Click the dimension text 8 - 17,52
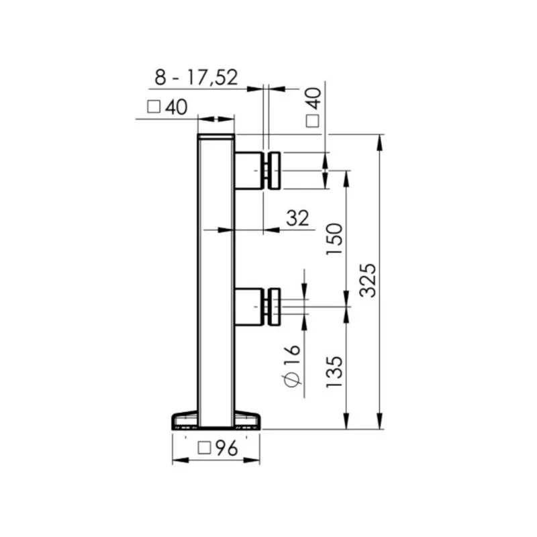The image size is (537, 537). [196, 77]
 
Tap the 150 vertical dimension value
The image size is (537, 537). [336, 238]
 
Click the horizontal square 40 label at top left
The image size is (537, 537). [166, 107]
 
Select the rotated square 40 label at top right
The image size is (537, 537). [313, 105]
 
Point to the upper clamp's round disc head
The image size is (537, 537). [274, 170]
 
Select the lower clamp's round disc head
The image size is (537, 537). [274, 306]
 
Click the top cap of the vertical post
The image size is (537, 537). [216, 136]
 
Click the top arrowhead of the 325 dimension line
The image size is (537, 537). [381, 140]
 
